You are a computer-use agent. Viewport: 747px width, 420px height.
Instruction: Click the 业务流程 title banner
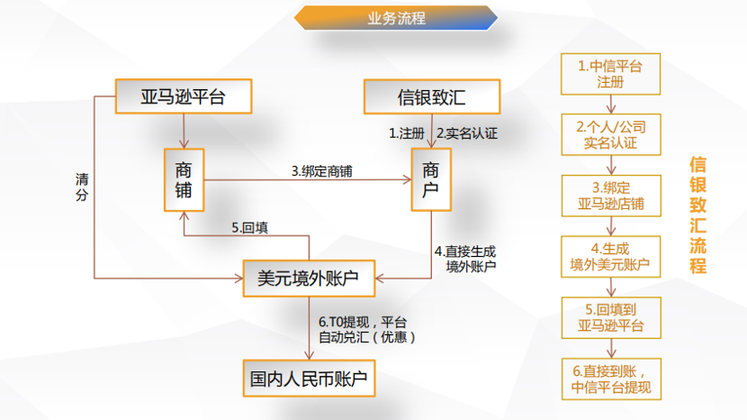tap(396, 18)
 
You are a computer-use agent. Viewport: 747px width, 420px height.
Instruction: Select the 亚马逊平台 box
tap(184, 96)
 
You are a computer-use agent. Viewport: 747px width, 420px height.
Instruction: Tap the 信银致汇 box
tap(432, 96)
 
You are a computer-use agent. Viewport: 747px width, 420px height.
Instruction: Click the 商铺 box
tap(184, 180)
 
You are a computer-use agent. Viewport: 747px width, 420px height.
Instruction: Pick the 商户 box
tap(431, 180)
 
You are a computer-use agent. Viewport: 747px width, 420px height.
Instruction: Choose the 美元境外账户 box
tap(309, 278)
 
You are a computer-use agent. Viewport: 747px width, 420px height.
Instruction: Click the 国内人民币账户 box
tap(309, 379)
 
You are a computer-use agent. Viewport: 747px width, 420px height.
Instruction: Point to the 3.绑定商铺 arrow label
tap(322, 171)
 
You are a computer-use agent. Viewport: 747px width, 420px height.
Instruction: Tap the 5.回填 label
tap(249, 228)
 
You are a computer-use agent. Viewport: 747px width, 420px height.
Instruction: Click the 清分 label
tap(82, 187)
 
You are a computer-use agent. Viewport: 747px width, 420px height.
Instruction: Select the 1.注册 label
tap(407, 133)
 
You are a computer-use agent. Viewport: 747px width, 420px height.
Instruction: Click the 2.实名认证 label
tap(467, 133)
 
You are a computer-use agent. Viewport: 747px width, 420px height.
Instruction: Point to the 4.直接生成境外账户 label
tap(465, 259)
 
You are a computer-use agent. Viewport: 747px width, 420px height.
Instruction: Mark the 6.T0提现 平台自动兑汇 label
tap(367, 330)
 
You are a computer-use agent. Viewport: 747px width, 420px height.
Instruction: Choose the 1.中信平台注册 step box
tap(610, 74)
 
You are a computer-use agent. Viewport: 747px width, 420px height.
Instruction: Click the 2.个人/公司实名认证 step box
tap(611, 134)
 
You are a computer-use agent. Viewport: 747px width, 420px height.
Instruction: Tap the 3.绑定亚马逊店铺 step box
tap(611, 196)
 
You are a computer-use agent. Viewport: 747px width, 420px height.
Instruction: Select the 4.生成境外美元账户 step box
tap(610, 257)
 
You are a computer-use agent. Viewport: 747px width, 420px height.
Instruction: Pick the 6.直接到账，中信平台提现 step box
tap(611, 379)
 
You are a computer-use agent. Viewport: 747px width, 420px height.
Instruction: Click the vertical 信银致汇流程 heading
tap(697, 215)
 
